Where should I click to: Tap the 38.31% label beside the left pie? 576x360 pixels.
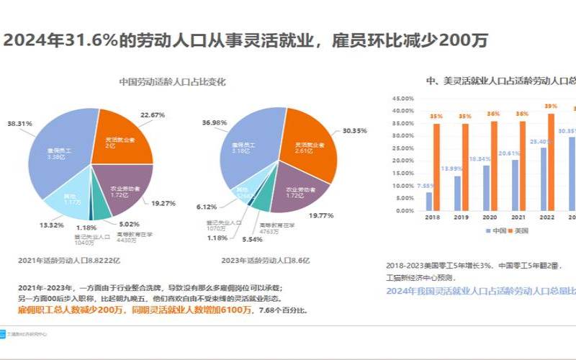coord(20,124)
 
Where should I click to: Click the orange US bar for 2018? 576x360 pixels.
coord(436,168)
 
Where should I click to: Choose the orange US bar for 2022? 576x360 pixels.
coord(551,162)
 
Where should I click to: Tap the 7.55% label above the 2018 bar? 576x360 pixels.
coord(428,185)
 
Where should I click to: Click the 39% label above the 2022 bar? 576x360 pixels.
coord(551,106)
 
